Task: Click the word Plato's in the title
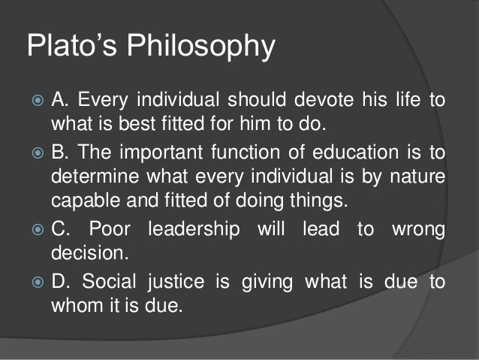(x=72, y=44)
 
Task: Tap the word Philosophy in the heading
(x=201, y=47)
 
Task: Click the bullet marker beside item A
(x=38, y=100)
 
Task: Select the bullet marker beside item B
(x=38, y=153)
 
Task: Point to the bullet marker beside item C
(x=38, y=229)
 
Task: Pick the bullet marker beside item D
(x=38, y=282)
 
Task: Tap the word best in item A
(x=137, y=123)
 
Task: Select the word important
(x=161, y=153)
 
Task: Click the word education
(x=355, y=152)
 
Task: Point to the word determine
(x=95, y=177)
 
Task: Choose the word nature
(x=417, y=177)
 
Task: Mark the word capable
(x=86, y=201)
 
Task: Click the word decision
(x=90, y=253)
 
